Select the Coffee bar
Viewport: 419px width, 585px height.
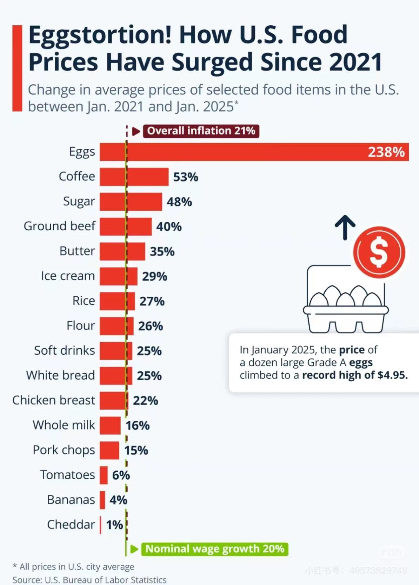click(x=134, y=177)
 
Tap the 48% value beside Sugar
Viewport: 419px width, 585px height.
click(x=179, y=202)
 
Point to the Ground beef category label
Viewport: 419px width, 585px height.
click(x=59, y=226)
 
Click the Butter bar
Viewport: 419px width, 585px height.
click(x=122, y=251)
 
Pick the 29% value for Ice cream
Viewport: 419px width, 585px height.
click(x=154, y=276)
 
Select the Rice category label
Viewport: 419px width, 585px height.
click(x=84, y=301)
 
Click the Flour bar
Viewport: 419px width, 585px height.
click(x=117, y=326)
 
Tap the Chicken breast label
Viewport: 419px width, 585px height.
click(x=54, y=400)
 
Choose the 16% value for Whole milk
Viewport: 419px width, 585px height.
click(x=138, y=426)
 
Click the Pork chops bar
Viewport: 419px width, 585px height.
click(x=109, y=450)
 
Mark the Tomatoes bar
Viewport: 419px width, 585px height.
click(x=104, y=475)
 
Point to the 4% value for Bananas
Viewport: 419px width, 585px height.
click(x=118, y=500)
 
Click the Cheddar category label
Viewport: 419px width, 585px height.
click(x=71, y=525)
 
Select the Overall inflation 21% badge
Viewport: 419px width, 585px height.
click(x=201, y=131)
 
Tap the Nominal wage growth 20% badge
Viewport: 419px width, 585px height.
click(x=214, y=549)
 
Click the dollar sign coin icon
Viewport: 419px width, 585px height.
click(x=379, y=252)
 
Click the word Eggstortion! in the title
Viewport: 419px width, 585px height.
click(x=100, y=35)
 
